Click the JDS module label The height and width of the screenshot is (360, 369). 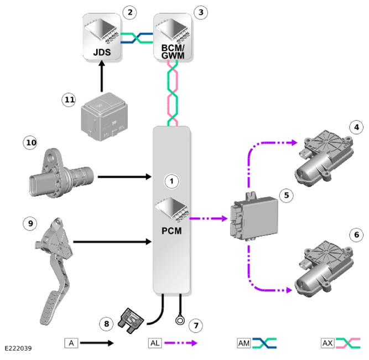102,52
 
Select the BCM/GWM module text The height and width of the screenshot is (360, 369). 173,52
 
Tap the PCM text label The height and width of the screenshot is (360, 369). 171,231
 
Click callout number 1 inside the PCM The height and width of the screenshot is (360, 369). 171,181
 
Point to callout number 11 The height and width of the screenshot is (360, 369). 69,100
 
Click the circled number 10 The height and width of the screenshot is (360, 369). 30,142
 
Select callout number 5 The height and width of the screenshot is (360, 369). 287,196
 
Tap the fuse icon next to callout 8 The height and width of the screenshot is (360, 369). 131,321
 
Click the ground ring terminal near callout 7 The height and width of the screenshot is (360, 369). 180,321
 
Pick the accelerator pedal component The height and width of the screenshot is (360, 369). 55,271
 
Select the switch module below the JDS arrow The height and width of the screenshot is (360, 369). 104,117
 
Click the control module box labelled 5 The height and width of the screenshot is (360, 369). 254,217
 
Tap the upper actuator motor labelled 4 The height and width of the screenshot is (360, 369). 324,158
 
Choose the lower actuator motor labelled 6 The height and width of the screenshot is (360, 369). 324,269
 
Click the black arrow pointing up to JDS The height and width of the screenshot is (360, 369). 102,76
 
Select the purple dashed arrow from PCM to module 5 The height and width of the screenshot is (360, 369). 209,219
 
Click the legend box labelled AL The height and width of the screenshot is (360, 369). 155,343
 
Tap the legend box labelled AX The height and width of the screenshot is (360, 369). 328,343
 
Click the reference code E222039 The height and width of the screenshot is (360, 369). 18,348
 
